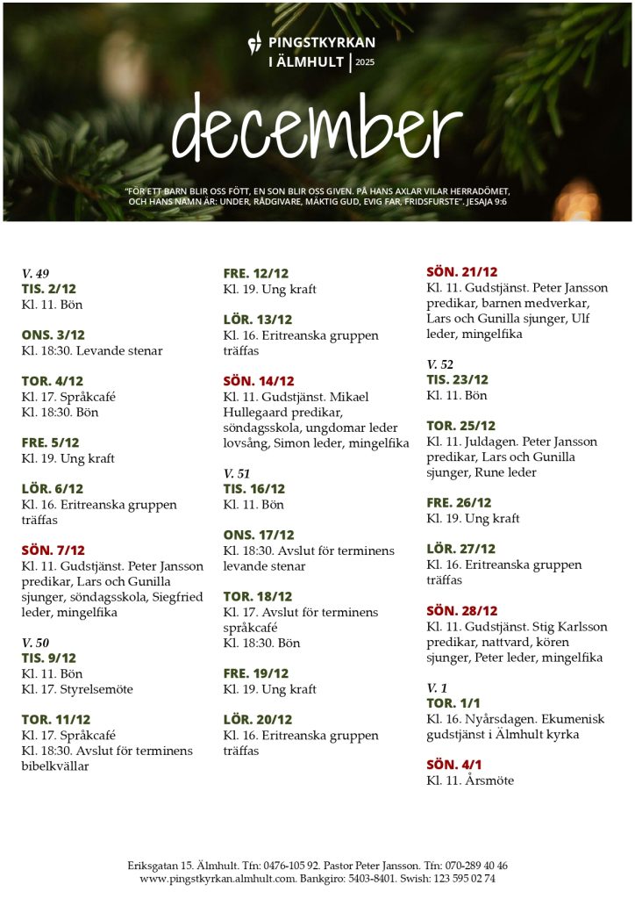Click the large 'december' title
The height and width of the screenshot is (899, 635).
[x=317, y=126]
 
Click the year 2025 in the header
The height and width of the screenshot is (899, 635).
[x=365, y=62]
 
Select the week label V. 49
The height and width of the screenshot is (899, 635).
[x=35, y=274]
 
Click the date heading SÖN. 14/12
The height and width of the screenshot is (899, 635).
[x=259, y=381]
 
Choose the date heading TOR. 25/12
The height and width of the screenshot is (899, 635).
[x=460, y=426]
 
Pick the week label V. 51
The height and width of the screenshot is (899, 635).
[x=237, y=473]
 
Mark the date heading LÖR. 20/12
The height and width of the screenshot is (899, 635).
[x=256, y=719]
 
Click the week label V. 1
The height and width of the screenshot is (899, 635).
[x=437, y=687]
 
